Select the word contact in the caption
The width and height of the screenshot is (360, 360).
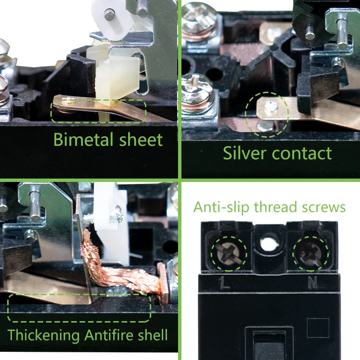(x=301, y=154)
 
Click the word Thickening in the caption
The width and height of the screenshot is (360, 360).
(x=44, y=335)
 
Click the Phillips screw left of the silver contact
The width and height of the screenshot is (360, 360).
(x=204, y=88)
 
